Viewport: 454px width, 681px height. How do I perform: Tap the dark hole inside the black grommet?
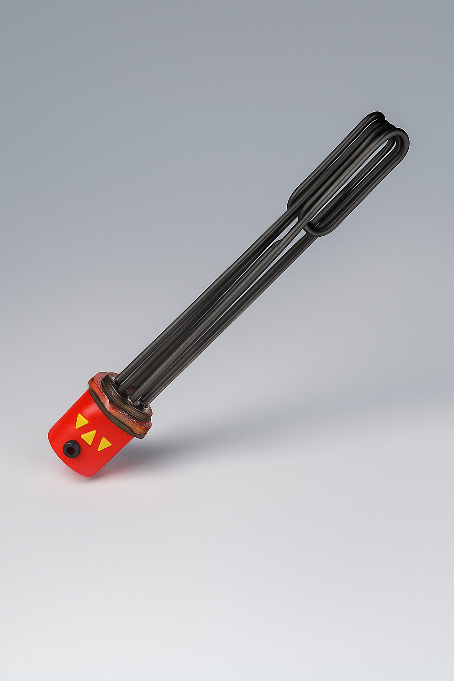pos(70,450)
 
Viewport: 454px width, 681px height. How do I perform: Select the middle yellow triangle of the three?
pos(89,437)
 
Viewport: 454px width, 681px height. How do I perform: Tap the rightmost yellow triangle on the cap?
pos(104,443)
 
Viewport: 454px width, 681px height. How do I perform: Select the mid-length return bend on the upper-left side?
pos(295,200)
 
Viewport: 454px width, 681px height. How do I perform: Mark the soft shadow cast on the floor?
pos(266,426)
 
